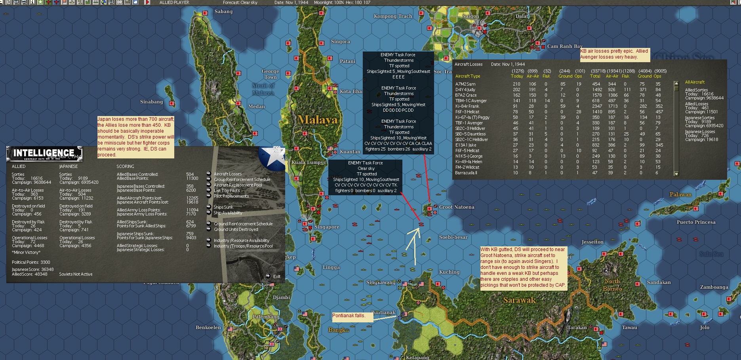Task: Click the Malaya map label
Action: (317, 120)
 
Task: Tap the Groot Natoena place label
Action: (456, 207)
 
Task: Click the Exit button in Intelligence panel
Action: (276, 276)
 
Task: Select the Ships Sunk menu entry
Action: (223, 207)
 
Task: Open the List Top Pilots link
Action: (227, 190)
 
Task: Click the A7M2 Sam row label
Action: (465, 84)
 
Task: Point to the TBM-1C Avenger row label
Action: (471, 101)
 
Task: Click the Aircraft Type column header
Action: (467, 76)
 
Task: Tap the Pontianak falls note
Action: (349, 316)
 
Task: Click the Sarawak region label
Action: (519, 300)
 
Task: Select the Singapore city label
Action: (327, 227)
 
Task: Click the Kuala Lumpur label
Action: (309, 162)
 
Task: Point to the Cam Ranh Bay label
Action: (565, 46)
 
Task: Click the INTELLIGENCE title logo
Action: (44, 153)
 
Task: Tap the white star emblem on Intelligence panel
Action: (272, 157)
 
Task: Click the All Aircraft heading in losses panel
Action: (695, 82)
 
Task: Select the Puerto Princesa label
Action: (696, 222)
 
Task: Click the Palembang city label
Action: (266, 317)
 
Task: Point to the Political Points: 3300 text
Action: (31, 262)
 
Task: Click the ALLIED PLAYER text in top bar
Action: (174, 2)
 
